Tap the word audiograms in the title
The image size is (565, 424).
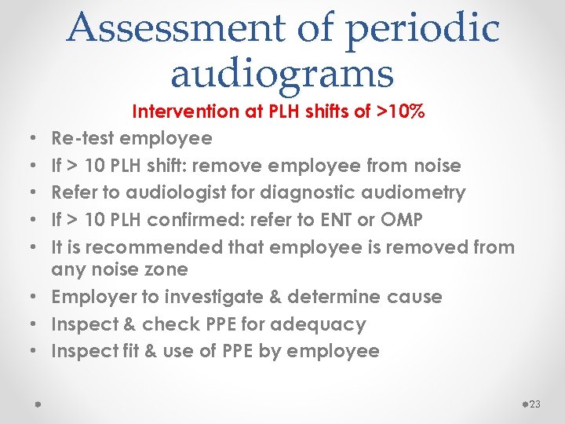[282, 74]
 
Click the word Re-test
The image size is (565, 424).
[82, 139]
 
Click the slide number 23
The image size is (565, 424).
[536, 404]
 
